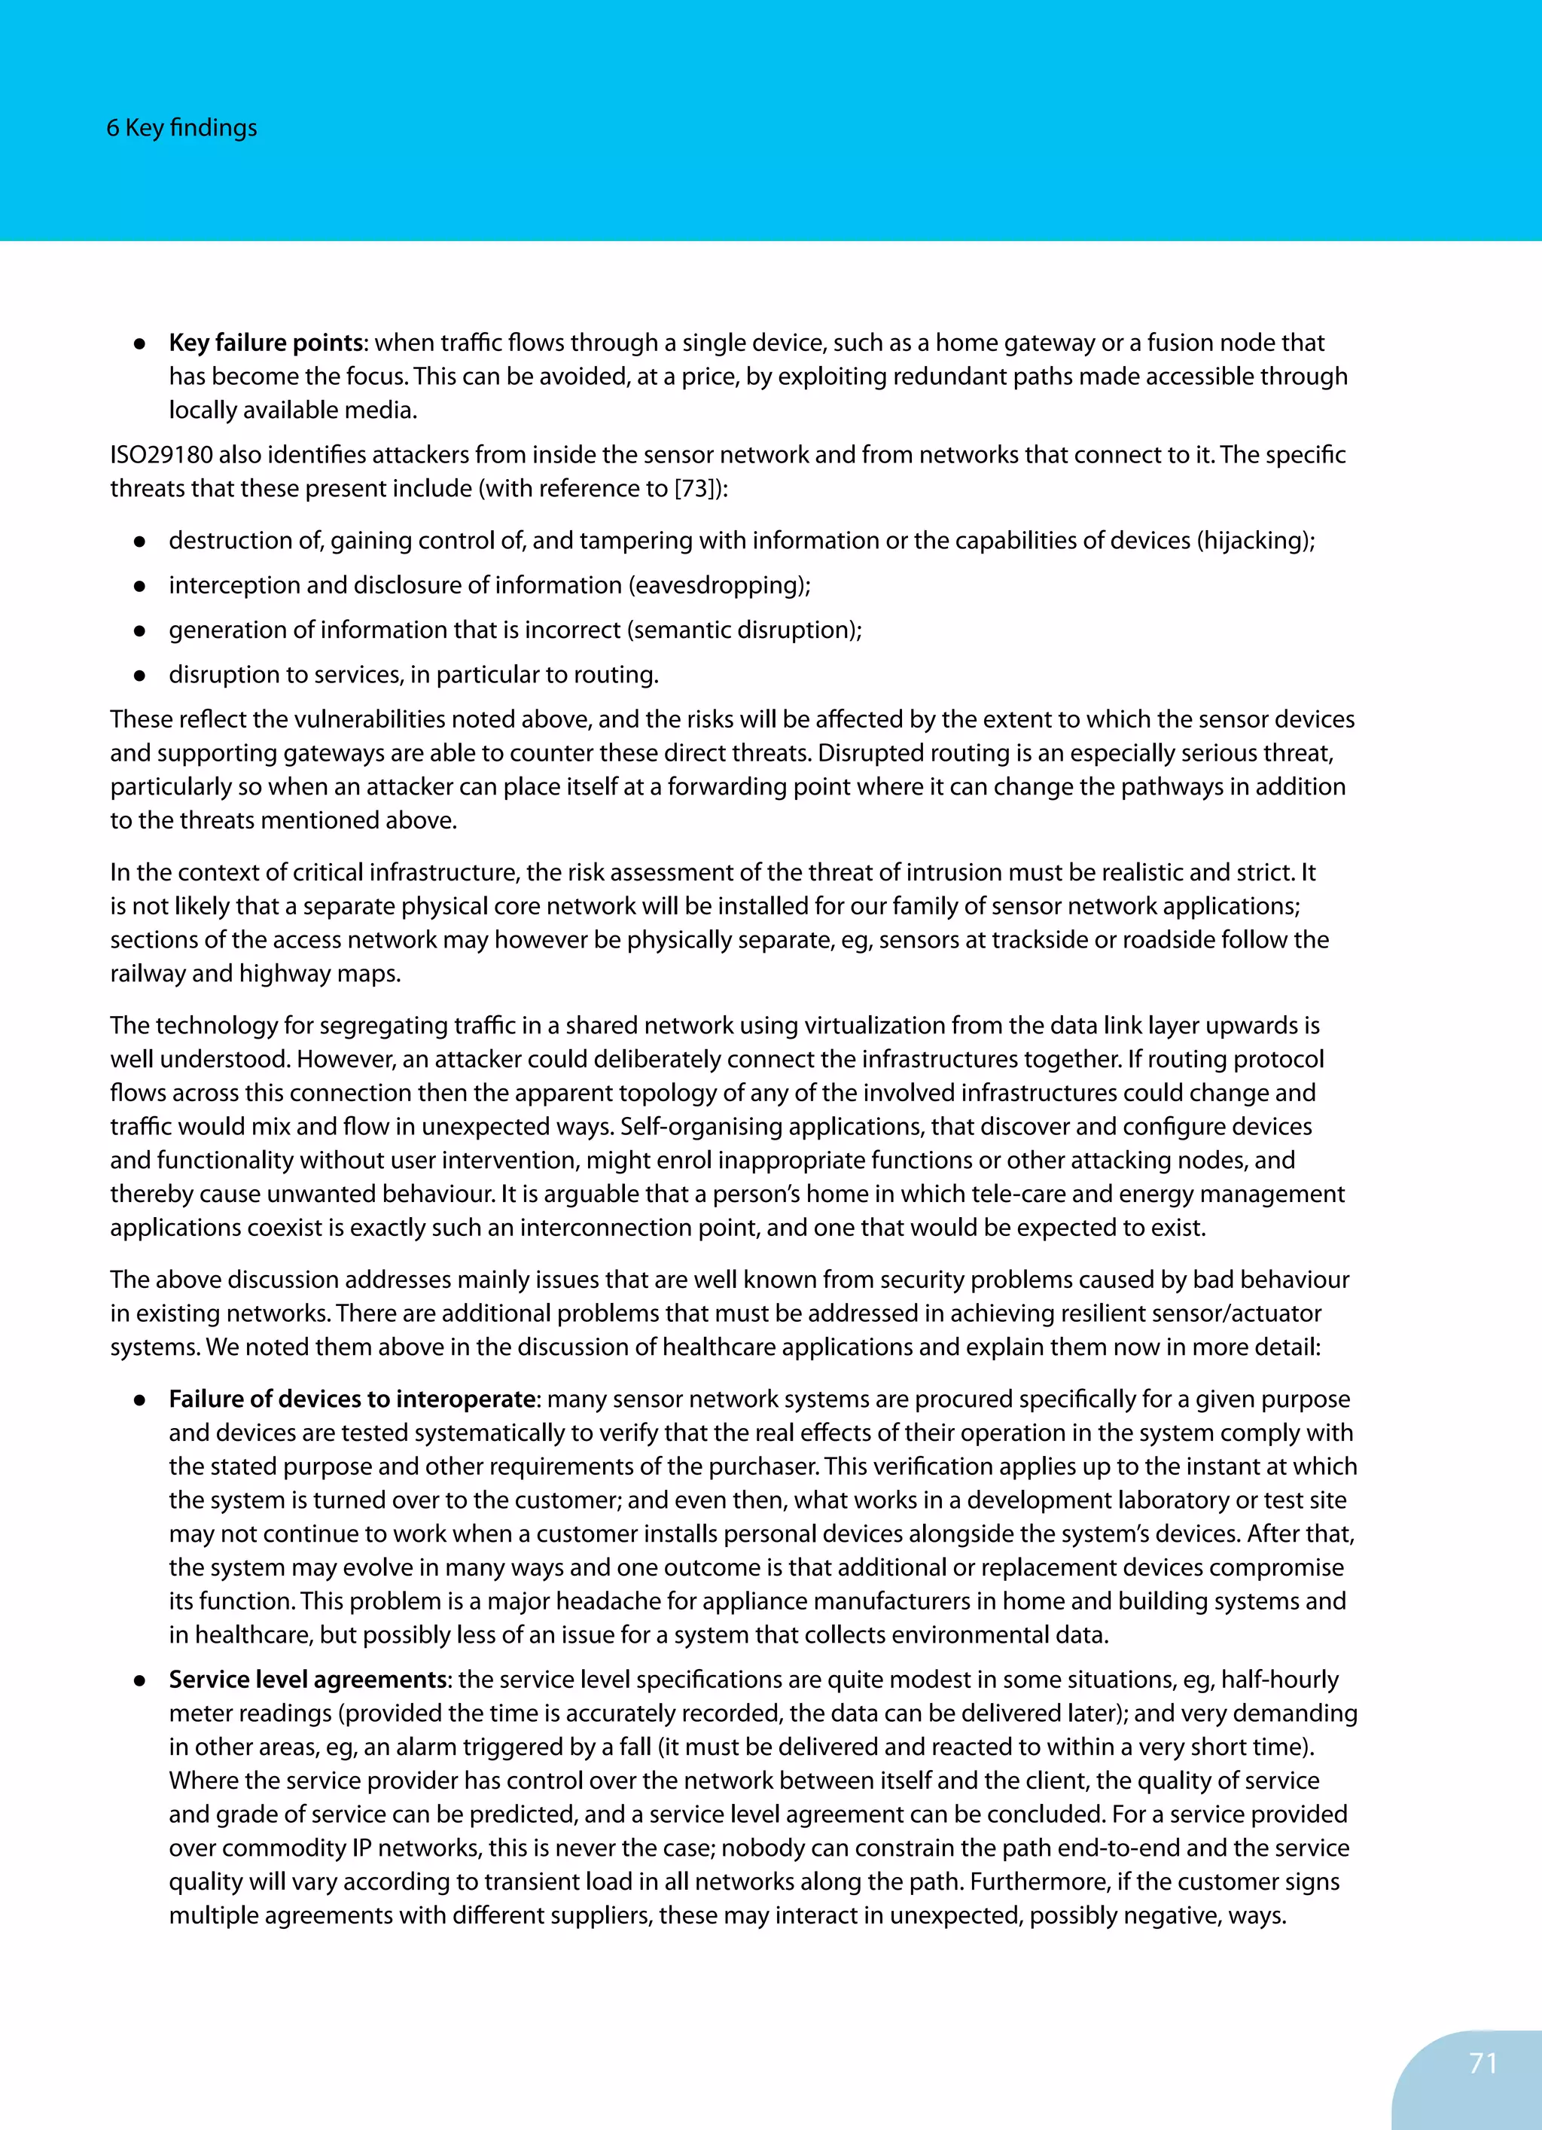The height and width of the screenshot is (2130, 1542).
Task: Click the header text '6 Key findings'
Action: click(181, 128)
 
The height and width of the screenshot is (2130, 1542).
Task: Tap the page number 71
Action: click(1483, 2063)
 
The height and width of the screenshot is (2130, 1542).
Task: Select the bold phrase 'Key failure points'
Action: click(266, 343)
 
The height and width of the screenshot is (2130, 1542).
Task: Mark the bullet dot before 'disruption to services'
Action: click(139, 676)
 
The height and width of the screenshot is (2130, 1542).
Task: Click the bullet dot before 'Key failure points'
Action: click(139, 343)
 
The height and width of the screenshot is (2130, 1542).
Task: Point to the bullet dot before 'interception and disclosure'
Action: click(139, 586)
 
